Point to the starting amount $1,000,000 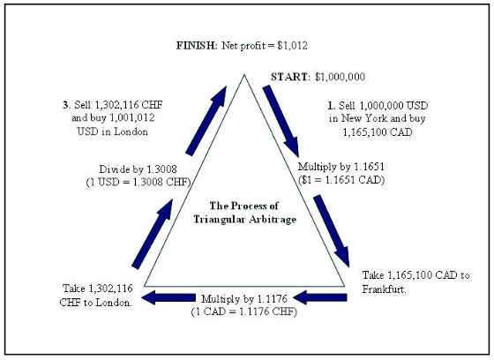click(x=341, y=77)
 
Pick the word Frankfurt click(x=384, y=289)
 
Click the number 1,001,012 click(x=132, y=118)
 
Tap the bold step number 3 click(x=66, y=105)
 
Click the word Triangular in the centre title click(x=220, y=219)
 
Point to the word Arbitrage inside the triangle click(x=273, y=219)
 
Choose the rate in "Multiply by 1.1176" click(x=273, y=298)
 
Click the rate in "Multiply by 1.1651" click(x=370, y=167)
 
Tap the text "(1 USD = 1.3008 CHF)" click(x=138, y=183)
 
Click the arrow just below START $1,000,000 click(x=281, y=121)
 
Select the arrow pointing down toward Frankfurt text click(x=332, y=231)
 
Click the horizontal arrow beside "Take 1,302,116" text click(x=168, y=297)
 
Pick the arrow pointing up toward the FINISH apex click(x=206, y=121)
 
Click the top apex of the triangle click(x=243, y=75)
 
